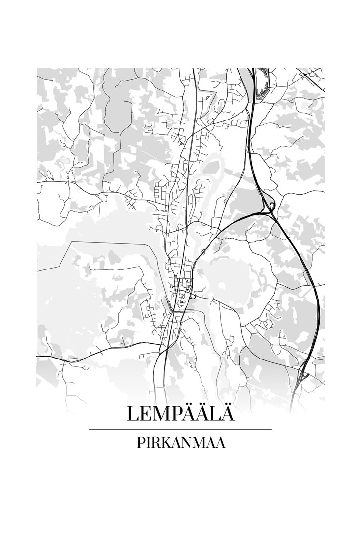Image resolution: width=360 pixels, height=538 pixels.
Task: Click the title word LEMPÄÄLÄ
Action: point(180,413)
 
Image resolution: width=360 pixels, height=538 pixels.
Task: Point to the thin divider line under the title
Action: point(180,429)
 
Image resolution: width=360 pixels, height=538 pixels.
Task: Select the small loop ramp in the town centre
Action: point(192,297)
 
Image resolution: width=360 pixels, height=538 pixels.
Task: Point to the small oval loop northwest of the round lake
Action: point(203,252)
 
